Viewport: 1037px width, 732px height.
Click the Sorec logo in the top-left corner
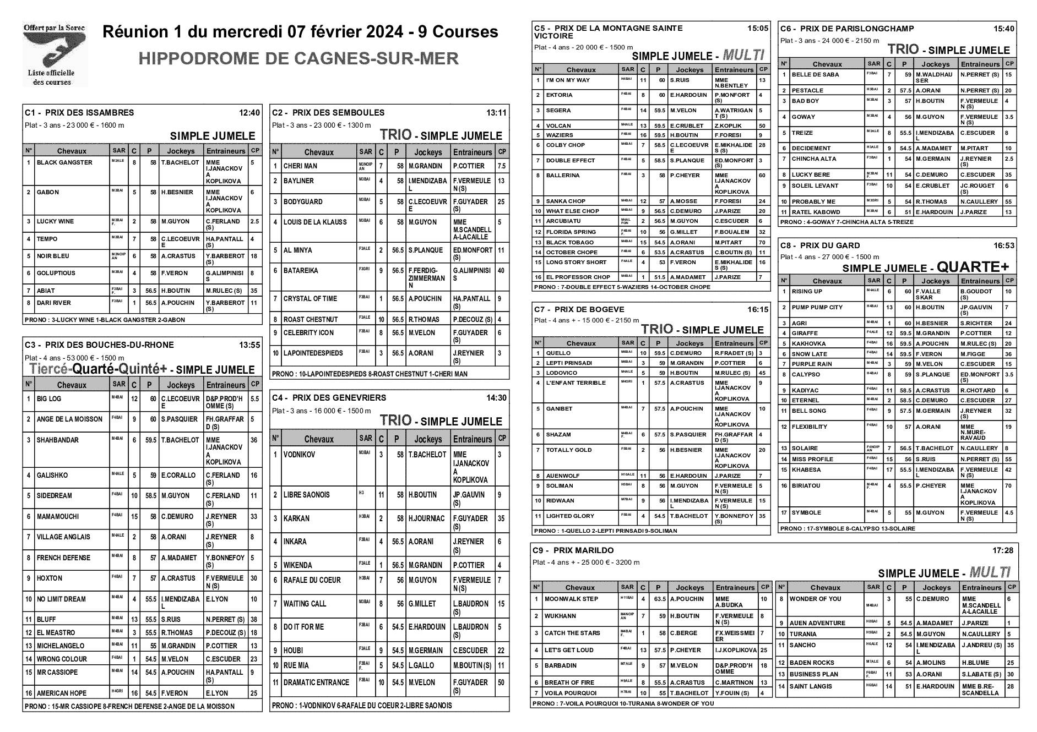[x=55, y=54]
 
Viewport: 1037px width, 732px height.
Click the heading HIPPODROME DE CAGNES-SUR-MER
[x=298, y=58]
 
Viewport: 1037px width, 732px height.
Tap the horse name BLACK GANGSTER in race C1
[x=64, y=163]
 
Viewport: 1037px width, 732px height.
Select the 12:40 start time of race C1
[x=249, y=113]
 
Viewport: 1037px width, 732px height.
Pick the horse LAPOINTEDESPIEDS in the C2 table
[x=313, y=353]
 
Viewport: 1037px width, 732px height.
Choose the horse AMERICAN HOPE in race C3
[x=62, y=693]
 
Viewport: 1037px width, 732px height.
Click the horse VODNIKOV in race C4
[x=299, y=455]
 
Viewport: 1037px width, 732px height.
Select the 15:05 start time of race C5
[x=758, y=28]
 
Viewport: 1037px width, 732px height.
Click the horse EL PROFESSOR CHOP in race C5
[x=578, y=277]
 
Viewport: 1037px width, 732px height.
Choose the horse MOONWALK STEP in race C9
[x=571, y=599]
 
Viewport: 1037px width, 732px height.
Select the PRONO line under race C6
[x=846, y=222]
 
